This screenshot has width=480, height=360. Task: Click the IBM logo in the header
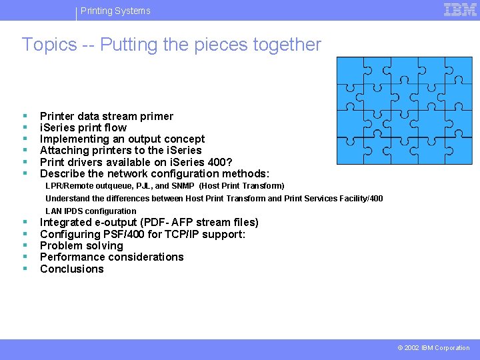[460, 10]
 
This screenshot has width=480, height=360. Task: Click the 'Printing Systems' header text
[115, 11]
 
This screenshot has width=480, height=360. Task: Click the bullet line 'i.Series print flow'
[83, 127]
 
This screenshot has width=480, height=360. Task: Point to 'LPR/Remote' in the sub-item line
[65, 186]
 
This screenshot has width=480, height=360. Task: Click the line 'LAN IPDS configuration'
[91, 211]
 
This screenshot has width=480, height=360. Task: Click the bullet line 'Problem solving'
[81, 245]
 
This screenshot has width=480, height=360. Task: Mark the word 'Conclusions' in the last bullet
[72, 269]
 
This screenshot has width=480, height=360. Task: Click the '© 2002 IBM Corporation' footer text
[433, 348]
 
